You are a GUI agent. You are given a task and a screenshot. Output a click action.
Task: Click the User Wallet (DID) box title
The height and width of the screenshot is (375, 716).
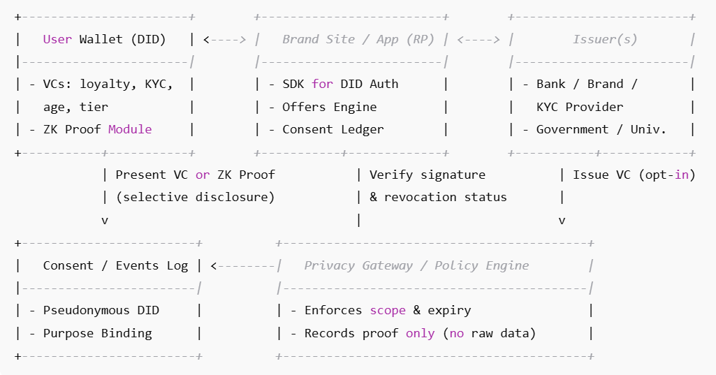[105, 39]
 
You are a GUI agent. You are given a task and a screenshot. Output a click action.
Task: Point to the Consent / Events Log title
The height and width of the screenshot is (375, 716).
[115, 265]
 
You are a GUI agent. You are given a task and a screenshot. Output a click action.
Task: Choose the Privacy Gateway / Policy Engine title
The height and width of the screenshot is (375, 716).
[416, 265]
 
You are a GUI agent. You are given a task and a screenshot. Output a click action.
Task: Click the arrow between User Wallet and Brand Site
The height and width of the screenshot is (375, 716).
[225, 40]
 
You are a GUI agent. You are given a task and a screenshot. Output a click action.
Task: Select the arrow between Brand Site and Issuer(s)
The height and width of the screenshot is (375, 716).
[478, 40]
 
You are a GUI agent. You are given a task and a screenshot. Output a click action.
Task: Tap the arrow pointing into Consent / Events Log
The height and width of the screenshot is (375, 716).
[242, 265]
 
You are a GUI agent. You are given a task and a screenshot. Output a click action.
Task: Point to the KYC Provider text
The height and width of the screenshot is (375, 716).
[580, 107]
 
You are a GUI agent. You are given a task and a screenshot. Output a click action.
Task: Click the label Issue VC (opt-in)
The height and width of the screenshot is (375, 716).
[634, 175]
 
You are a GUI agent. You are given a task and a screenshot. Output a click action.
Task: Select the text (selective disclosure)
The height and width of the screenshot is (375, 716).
[196, 197]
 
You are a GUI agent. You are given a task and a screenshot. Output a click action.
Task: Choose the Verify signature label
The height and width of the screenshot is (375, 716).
[428, 175]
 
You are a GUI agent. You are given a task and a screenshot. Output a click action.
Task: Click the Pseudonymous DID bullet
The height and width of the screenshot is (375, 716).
[101, 310]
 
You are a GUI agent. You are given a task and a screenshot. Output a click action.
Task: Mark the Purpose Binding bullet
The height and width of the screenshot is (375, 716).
[98, 333]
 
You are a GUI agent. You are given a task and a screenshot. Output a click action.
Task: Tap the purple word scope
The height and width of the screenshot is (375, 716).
[387, 310]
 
